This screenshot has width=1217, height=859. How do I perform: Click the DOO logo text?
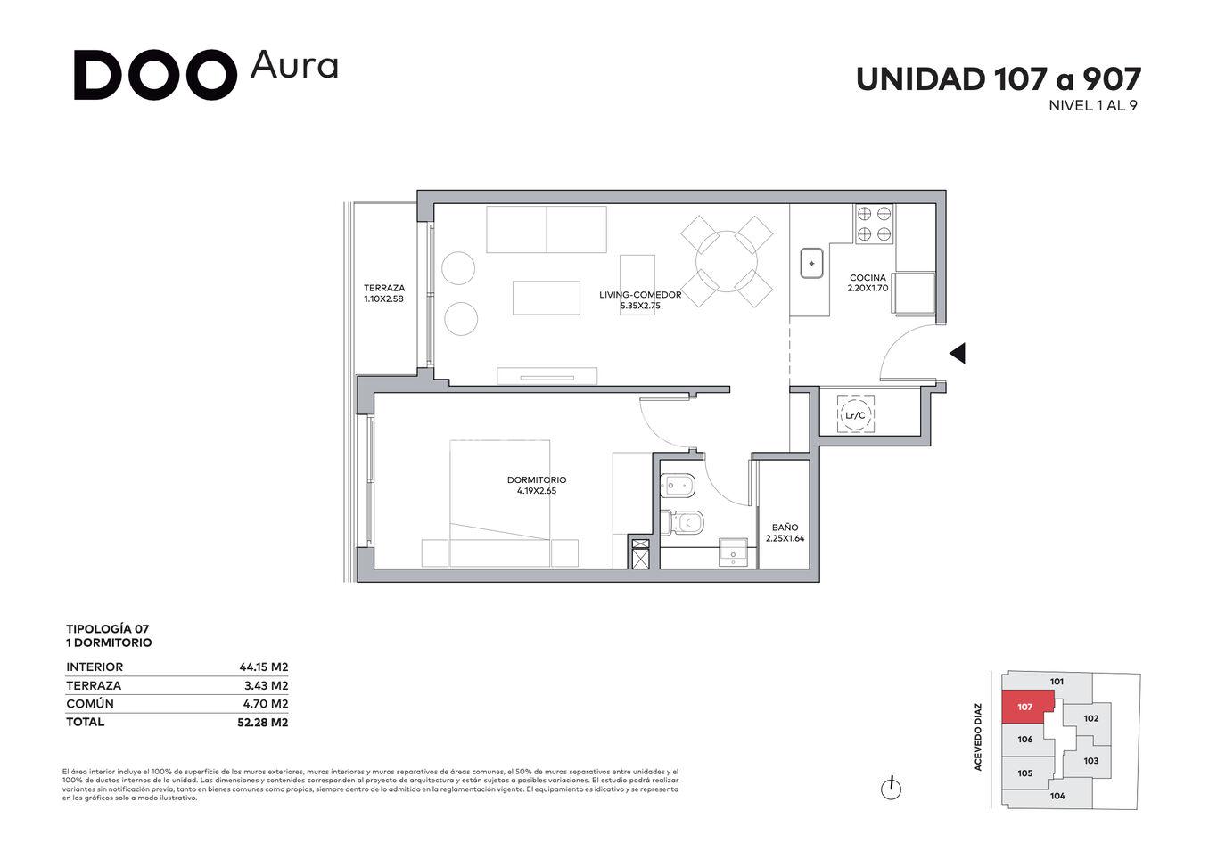click(155, 75)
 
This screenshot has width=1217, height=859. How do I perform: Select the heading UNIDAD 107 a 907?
click(999, 79)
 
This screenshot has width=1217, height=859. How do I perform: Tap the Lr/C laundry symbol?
click(856, 415)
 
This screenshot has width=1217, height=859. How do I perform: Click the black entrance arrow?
click(958, 354)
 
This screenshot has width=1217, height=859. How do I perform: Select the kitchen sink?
click(811, 264)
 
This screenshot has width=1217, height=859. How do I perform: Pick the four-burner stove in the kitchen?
click(874, 224)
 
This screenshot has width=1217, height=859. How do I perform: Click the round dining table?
click(727, 261)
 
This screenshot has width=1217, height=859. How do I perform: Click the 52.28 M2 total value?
click(262, 722)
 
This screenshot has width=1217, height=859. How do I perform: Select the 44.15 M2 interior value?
click(264, 667)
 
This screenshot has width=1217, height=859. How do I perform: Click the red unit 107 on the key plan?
click(1027, 707)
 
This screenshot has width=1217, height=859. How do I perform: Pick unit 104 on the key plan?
click(1057, 796)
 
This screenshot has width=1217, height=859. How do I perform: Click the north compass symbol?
click(891, 789)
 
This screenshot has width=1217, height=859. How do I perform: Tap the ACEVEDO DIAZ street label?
click(978, 737)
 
